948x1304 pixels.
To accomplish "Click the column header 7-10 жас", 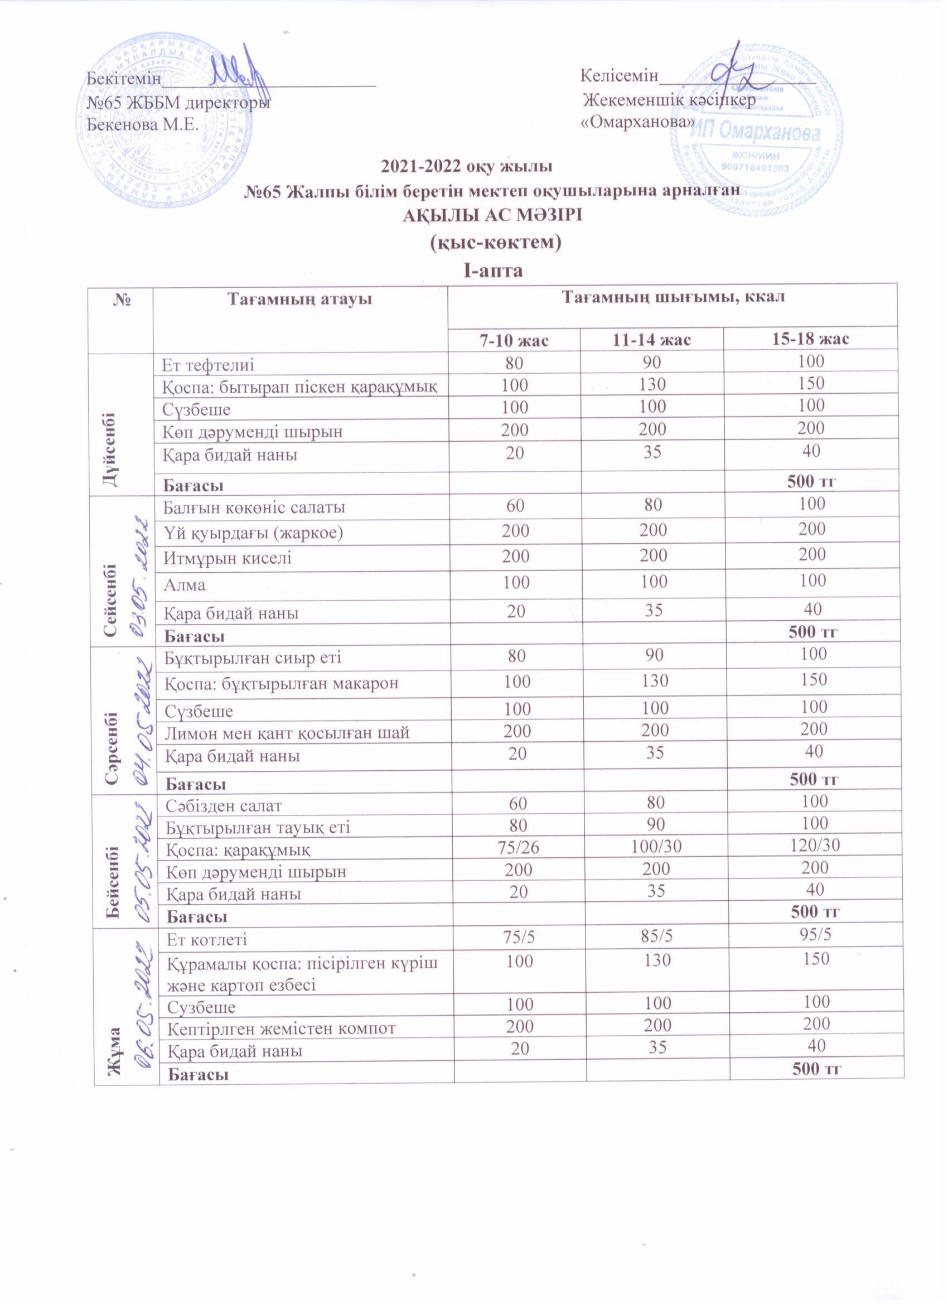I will [514, 340].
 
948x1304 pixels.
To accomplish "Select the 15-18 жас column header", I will [810, 339].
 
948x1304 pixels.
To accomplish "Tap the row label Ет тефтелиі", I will [207, 365].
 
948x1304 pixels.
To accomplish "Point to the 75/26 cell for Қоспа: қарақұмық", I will [517, 846].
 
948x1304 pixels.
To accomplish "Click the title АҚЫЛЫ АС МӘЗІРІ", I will [492, 216].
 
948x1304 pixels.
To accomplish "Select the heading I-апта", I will [494, 271].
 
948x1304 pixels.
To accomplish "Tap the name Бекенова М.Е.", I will [142, 124].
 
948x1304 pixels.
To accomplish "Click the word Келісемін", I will [618, 75].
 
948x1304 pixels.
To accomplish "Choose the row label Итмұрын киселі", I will [228, 558].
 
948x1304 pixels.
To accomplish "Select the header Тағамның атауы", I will [299, 299].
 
